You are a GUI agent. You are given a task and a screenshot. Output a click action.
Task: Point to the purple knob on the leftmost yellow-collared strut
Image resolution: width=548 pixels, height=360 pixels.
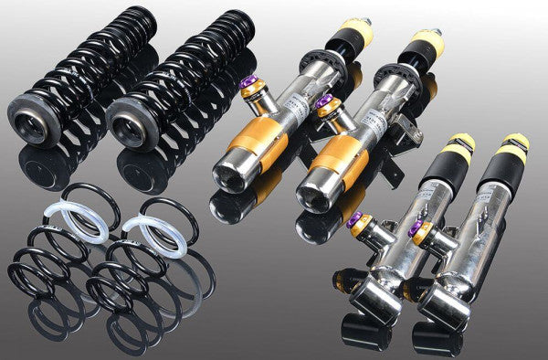coord(247,87)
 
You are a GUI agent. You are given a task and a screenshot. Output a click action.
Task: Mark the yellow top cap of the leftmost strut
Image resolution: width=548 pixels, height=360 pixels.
coord(355,31)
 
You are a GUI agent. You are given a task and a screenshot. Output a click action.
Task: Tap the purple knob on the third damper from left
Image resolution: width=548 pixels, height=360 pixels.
coord(356,219)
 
